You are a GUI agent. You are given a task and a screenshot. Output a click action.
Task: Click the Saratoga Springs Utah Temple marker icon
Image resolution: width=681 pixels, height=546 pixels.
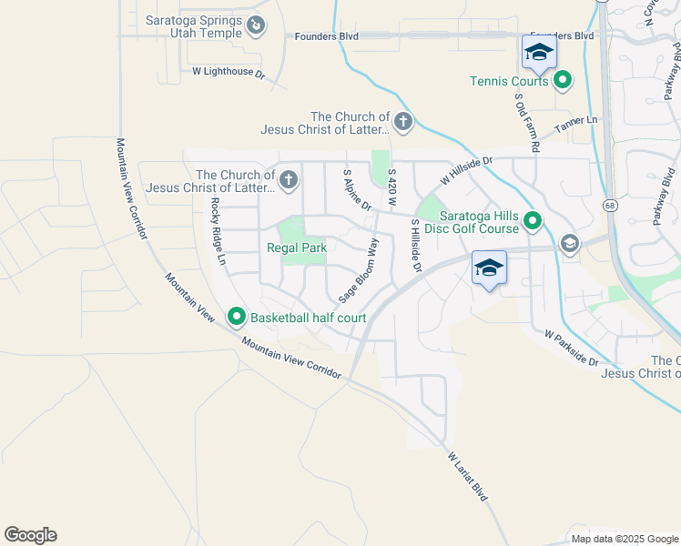coord(257,26)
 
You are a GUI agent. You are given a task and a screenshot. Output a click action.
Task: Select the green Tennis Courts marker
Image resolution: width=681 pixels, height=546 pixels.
coord(563,81)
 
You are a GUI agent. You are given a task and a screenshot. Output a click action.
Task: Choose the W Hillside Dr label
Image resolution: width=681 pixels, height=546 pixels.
coord(465,170)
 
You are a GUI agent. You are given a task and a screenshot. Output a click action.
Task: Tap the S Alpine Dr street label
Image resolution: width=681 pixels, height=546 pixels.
coord(356,190)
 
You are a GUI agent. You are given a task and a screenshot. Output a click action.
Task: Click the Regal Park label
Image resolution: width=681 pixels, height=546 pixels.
coord(297,248)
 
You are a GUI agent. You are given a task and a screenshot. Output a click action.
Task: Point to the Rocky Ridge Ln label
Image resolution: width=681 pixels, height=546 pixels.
coord(218,231)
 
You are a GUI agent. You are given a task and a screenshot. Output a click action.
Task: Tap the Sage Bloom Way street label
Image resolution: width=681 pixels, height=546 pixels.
coord(359,271)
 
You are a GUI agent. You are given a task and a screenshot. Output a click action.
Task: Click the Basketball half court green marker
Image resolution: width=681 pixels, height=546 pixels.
coord(237,317)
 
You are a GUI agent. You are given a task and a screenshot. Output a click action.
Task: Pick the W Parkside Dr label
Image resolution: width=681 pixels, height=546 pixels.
coord(571,349)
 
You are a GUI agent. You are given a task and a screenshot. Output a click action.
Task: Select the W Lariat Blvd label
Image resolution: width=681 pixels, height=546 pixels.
coord(468,479)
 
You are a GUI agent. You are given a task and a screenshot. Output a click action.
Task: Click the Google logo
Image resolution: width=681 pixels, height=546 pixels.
coord(30,535)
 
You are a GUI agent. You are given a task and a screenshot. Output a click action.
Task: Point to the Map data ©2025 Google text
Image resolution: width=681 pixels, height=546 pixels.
coord(625,539)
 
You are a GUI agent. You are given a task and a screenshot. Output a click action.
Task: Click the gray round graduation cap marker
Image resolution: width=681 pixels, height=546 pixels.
coord(570,243)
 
